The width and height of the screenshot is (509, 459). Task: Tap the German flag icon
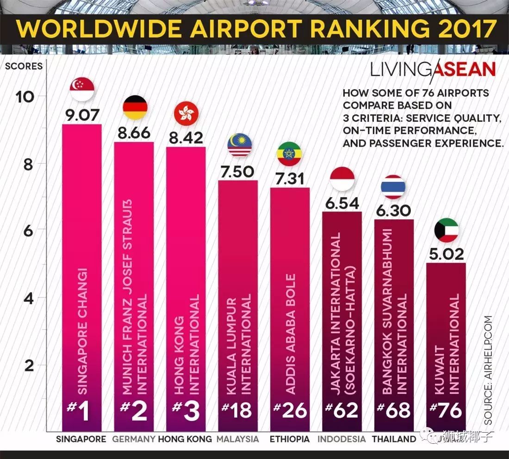[135, 107]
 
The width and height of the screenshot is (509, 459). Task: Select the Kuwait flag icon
[447, 230]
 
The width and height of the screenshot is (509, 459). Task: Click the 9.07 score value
[82, 114]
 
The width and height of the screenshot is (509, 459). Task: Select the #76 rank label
[446, 410]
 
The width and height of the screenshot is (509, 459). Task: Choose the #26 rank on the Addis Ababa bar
[290, 410]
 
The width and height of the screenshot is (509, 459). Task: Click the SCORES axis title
[24, 66]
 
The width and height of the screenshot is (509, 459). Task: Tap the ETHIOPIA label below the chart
[289, 439]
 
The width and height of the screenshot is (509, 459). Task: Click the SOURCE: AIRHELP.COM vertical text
[489, 370]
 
